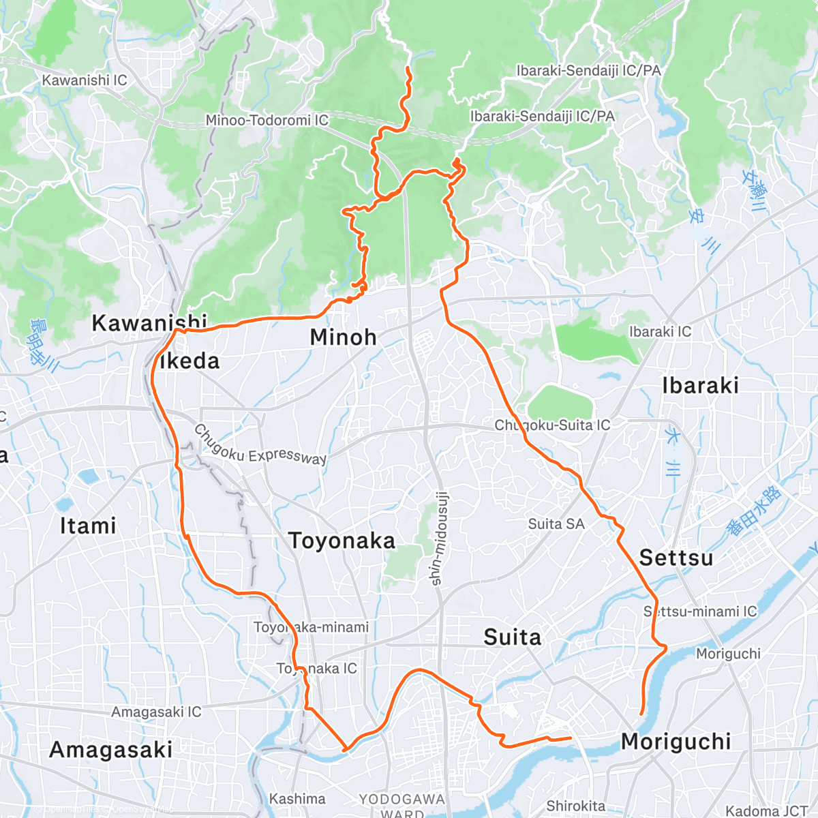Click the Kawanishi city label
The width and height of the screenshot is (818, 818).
pos(149,322)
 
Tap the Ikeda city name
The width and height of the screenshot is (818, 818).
pos(190,361)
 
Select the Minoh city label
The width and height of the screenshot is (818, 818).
pos(343,337)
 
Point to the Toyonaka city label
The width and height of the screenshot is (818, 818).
pos(342,541)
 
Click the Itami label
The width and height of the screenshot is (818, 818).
pos(88,526)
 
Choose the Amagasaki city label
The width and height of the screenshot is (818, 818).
pos(110,750)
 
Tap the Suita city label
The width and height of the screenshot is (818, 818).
pos(512,637)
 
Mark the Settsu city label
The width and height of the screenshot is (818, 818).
pos(676,558)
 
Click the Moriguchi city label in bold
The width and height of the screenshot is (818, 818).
pos(676,741)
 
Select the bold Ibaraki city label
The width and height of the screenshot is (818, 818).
pos(700,385)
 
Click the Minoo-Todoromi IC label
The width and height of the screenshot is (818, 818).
pos(267,120)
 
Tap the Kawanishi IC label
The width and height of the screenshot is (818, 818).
pos(85,80)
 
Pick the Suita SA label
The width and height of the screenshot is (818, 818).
pos(556,524)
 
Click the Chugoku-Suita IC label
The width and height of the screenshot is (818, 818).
pos(552,425)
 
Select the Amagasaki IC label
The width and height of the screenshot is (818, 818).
pos(156,712)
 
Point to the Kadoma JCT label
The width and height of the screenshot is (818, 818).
pos(766,811)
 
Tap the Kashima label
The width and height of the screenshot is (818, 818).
pos(297,798)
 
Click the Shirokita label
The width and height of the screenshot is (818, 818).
pos(575,806)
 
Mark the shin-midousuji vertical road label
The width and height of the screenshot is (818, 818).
pos(438,539)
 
